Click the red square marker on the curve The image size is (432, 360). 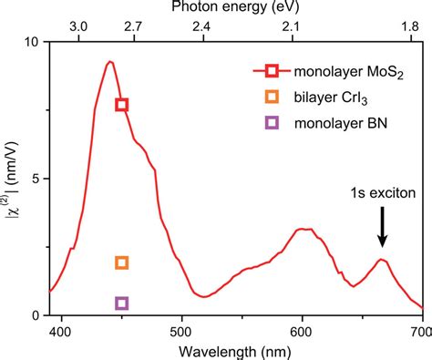[121, 105]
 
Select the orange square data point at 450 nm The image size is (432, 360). [121, 262]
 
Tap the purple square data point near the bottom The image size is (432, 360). [121, 303]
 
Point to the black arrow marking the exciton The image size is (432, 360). [383, 229]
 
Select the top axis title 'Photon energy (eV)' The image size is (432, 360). [236, 8]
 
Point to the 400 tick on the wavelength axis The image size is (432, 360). [61, 332]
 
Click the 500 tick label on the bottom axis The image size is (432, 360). [181, 332]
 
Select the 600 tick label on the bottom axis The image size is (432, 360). [302, 332]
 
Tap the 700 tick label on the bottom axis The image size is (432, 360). [419, 332]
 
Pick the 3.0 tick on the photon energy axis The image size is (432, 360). [78, 27]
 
